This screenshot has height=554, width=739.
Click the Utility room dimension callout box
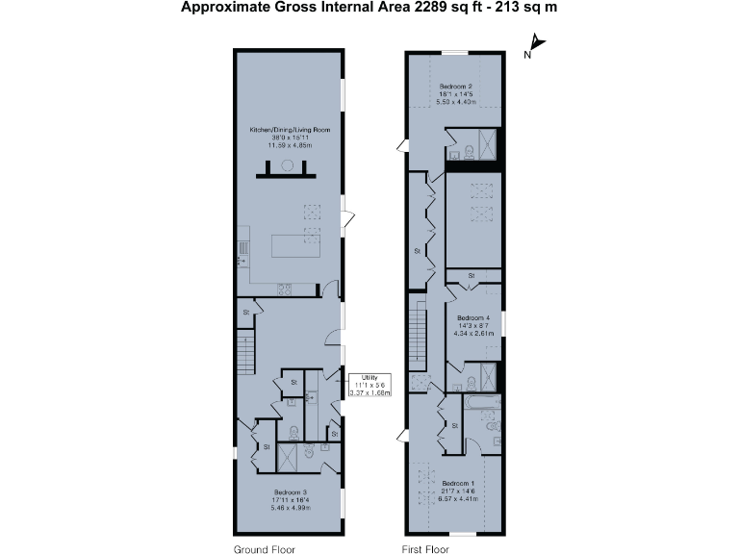pyautogui.click(x=369, y=385)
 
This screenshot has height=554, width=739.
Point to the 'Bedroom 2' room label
pyautogui.click(x=456, y=86)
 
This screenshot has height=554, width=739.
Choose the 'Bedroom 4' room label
pyautogui.click(x=473, y=317)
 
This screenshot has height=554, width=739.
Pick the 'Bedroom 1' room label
pyautogui.click(x=458, y=483)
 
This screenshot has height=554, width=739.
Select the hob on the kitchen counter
pyautogui.click(x=286, y=288)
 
